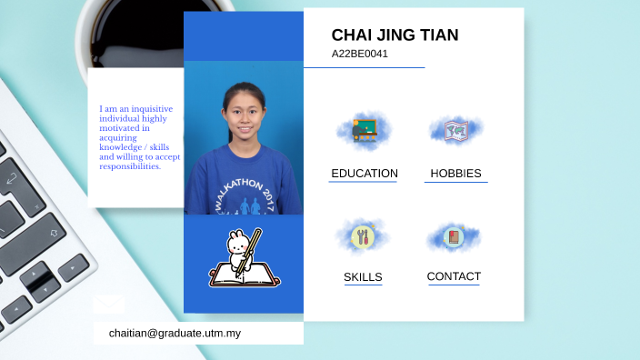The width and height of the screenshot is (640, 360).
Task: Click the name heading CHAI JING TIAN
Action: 395,35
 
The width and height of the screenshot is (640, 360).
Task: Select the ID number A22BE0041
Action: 359,54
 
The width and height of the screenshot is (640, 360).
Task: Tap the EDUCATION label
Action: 364,173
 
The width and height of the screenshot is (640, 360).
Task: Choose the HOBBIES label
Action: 455,173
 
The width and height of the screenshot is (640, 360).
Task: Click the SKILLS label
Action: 363,277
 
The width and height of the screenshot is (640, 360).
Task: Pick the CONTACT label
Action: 454,276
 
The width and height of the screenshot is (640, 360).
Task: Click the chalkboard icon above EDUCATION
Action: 365,128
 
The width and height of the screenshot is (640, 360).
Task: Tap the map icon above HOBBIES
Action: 455,131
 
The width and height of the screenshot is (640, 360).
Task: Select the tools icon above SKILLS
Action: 363,236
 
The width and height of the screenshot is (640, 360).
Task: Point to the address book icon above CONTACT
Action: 454,237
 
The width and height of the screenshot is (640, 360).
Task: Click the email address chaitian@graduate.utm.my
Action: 175,334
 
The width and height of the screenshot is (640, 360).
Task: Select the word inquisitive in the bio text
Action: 149,107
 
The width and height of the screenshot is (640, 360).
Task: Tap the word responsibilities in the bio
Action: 129,166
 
